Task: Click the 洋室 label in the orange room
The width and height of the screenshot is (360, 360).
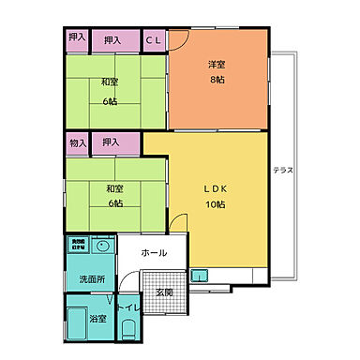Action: (217, 65)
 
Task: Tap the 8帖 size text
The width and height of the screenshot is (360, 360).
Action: (217, 80)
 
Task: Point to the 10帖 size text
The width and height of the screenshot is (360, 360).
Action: (217, 203)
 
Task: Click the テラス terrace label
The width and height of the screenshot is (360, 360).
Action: (282, 170)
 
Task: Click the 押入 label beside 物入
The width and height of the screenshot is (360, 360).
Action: (111, 142)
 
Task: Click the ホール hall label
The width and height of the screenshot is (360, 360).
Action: (154, 254)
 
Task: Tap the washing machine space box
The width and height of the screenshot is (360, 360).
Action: (78, 244)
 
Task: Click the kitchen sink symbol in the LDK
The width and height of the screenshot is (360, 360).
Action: (199, 277)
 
